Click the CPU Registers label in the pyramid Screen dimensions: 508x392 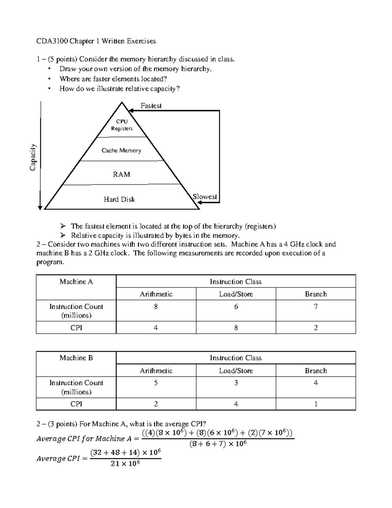click(x=122, y=125)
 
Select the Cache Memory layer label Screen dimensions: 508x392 click(x=121, y=150)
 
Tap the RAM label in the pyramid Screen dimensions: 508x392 click(x=122, y=174)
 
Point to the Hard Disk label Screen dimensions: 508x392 click(x=119, y=199)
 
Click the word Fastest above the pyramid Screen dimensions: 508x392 click(x=151, y=106)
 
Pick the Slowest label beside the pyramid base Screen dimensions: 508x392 click(x=205, y=197)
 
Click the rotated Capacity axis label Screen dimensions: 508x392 click(x=33, y=157)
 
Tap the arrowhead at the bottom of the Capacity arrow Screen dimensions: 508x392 click(x=40, y=207)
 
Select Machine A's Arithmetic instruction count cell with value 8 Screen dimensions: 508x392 click(x=156, y=307)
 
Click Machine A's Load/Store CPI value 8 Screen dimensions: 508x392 click(x=236, y=328)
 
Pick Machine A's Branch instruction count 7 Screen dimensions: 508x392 click(x=316, y=307)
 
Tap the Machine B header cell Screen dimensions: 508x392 click(x=76, y=358)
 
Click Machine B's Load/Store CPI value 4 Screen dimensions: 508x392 click(x=236, y=404)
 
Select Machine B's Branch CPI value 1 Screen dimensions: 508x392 click(x=316, y=404)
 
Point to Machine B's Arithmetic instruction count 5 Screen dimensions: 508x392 click(x=156, y=383)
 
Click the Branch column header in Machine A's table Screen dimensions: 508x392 click(x=316, y=294)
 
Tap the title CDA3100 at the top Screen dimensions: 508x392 click(x=50, y=41)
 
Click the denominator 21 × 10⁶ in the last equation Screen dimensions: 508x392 click(x=125, y=464)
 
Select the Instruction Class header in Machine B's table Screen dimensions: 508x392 click(x=236, y=358)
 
